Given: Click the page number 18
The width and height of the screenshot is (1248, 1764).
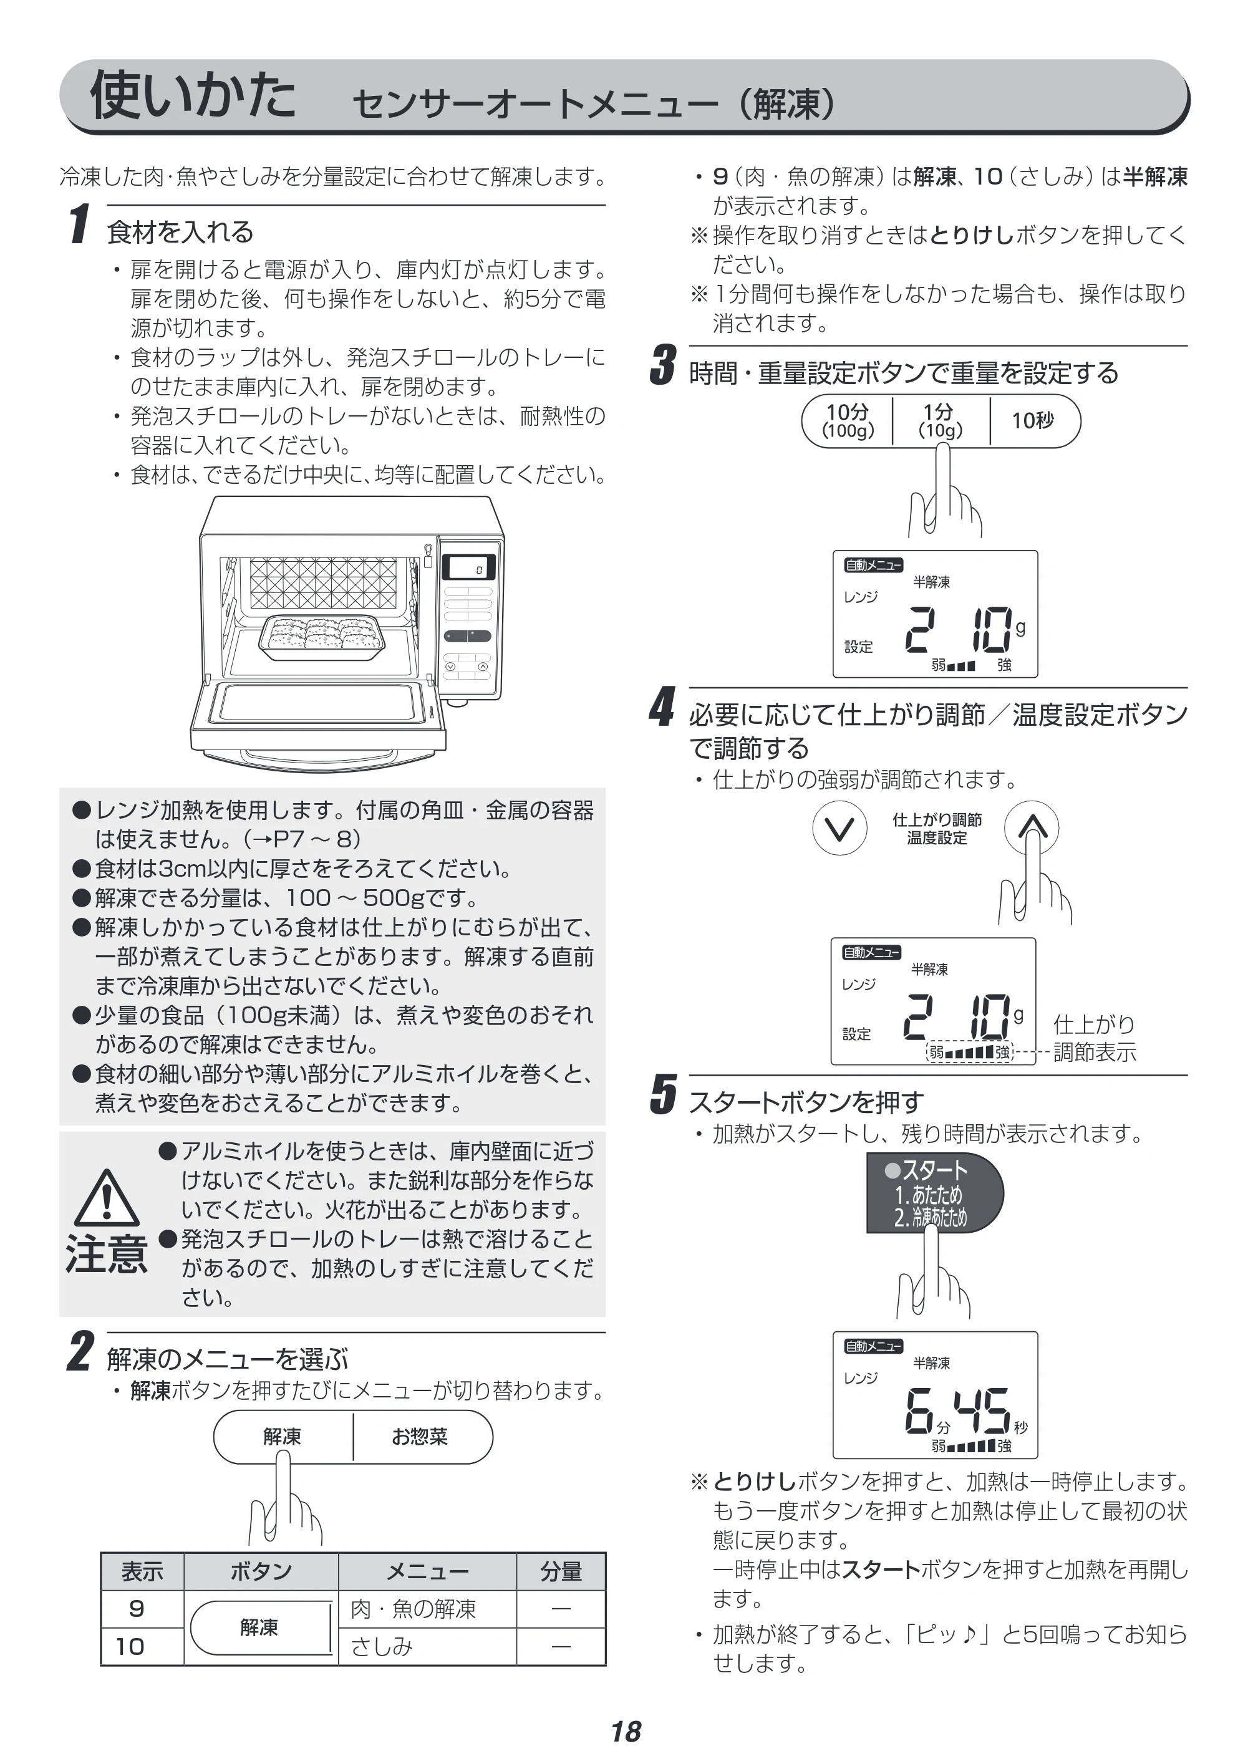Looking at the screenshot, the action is coord(626,1732).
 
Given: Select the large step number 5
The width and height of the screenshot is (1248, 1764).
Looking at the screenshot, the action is coord(662,1094).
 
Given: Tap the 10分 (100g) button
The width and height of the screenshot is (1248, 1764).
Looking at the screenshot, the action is coord(848,420).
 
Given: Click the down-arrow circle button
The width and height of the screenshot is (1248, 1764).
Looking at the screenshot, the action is coord(839,828).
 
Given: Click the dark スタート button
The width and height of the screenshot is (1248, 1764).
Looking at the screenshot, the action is coord(934,1193).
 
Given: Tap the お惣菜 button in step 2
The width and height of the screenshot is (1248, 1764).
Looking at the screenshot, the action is coord(421,1437).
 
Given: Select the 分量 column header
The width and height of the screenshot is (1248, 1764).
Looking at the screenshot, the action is coord(561,1572).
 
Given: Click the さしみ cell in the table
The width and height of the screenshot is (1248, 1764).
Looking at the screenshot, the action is coord(427,1646).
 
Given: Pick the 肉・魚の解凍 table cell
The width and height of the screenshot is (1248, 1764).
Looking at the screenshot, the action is coord(427,1609).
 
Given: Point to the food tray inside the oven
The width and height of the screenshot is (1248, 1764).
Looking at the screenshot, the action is coord(322,638).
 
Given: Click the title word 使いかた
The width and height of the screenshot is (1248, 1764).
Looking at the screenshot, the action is coord(193,95).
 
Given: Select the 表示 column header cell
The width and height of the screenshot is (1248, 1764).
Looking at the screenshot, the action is coord(142,1572).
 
